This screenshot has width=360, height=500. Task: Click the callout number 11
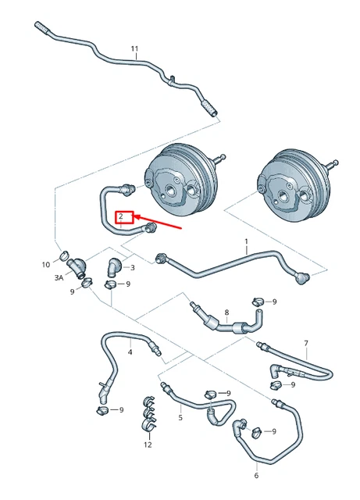pyautogui.click(x=134, y=49)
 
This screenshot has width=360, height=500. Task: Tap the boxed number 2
pyautogui.click(x=122, y=216)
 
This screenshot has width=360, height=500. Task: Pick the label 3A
pyautogui.click(x=59, y=277)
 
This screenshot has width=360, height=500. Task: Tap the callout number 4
pyautogui.click(x=130, y=352)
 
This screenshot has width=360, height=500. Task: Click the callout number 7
pyautogui.click(x=306, y=343)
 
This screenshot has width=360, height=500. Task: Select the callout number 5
pyautogui.click(x=180, y=418)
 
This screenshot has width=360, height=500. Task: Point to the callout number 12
pyautogui.click(x=148, y=445)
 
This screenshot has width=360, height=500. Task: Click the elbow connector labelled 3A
pyautogui.click(x=76, y=266)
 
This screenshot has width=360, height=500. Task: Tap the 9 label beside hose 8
pyautogui.click(x=274, y=301)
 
